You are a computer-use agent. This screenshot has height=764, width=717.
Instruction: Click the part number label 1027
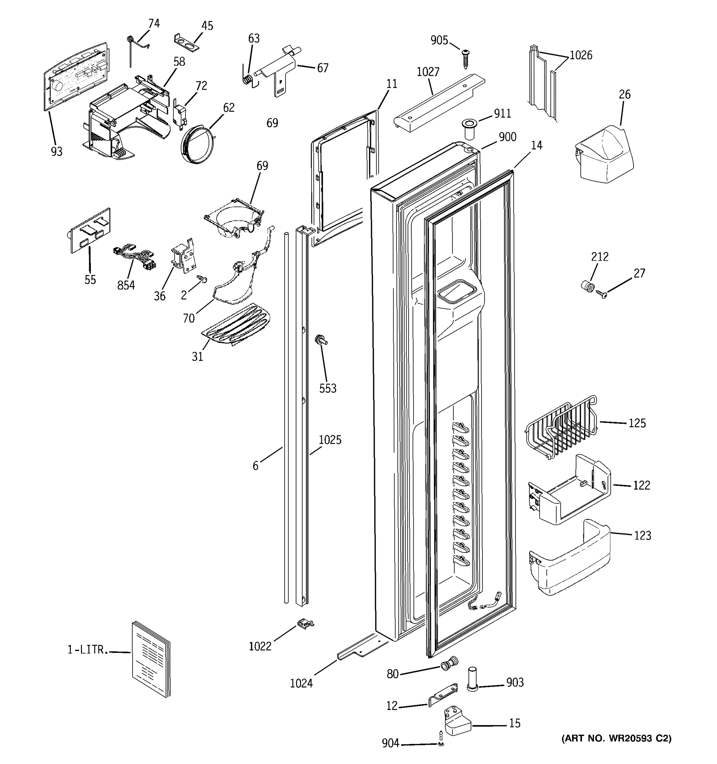tap(428, 72)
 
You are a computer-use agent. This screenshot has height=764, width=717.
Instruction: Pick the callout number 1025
tap(330, 440)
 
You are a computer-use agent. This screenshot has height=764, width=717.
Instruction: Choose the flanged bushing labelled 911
tap(469, 130)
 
